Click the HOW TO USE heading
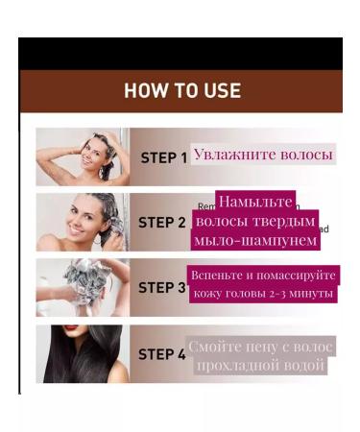(x=181, y=91)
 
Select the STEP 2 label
(x=162, y=222)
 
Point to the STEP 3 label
(x=162, y=287)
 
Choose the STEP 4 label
(x=162, y=353)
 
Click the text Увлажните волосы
(x=263, y=155)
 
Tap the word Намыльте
(x=254, y=203)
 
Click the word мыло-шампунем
(x=254, y=240)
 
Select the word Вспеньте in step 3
(x=219, y=276)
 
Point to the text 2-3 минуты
(x=306, y=294)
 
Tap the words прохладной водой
(x=261, y=366)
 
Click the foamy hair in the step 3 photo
(x=86, y=281)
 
